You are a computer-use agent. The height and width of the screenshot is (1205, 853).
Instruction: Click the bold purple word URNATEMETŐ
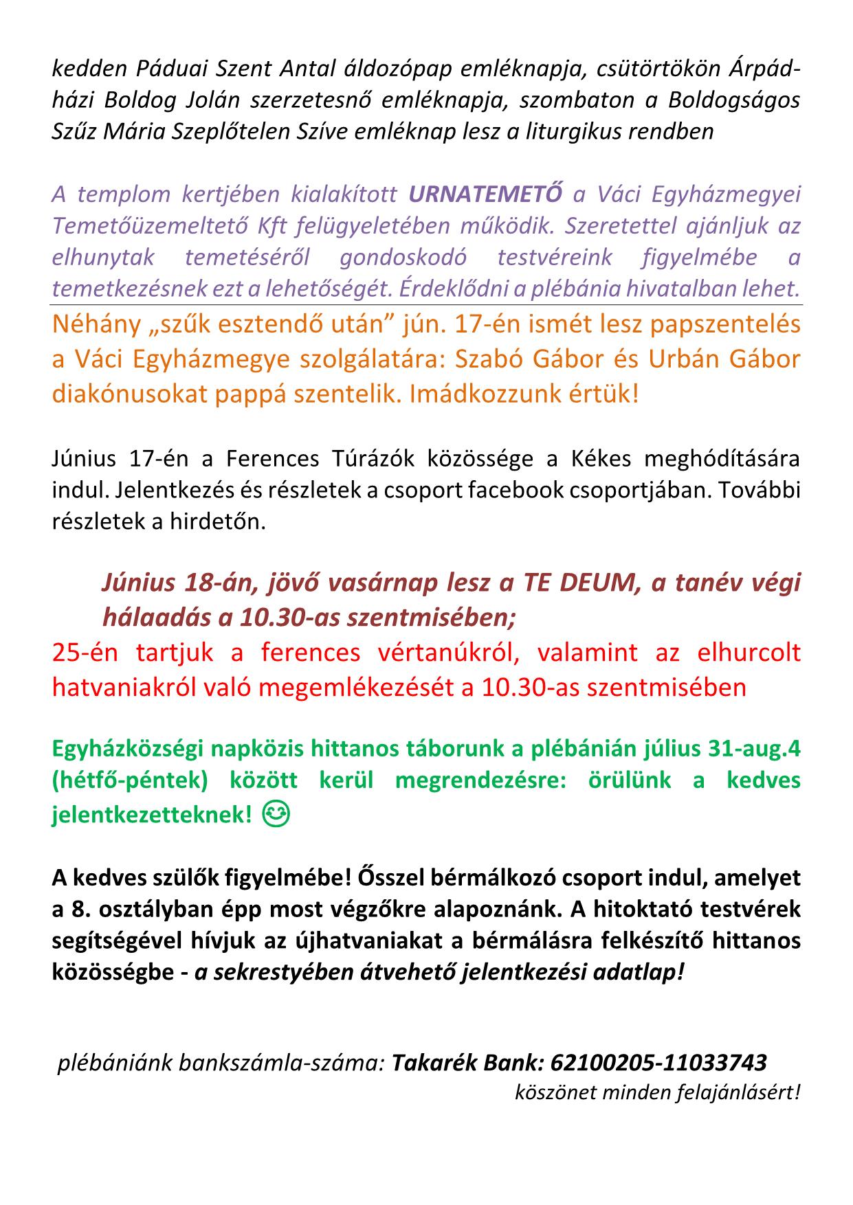point(485,194)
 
